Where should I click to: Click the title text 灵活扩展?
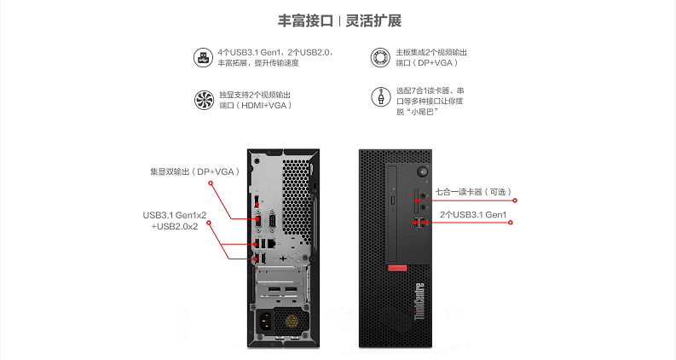coord(374,20)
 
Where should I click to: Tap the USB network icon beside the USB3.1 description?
coord(202,58)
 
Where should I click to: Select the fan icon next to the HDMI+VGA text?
coord(202,99)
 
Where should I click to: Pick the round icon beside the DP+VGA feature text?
coord(379,58)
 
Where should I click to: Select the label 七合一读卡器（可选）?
coord(474,192)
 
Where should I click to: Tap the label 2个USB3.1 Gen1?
coord(473,213)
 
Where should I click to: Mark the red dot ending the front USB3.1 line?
coord(511,223)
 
